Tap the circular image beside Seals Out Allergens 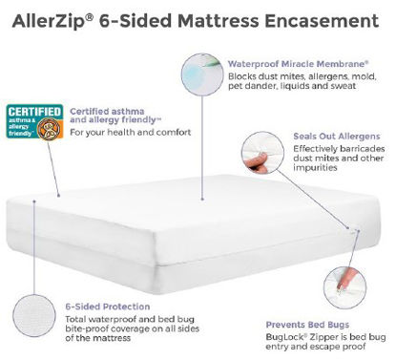(261, 149)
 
